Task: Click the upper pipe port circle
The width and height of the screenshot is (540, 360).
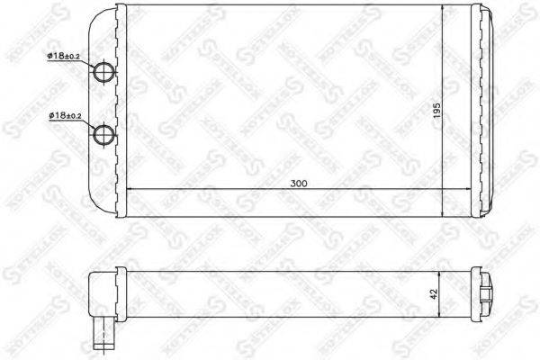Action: click(106, 74)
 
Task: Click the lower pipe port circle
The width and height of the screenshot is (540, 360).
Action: click(106, 135)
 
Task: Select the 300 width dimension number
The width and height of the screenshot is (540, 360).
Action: click(298, 183)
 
